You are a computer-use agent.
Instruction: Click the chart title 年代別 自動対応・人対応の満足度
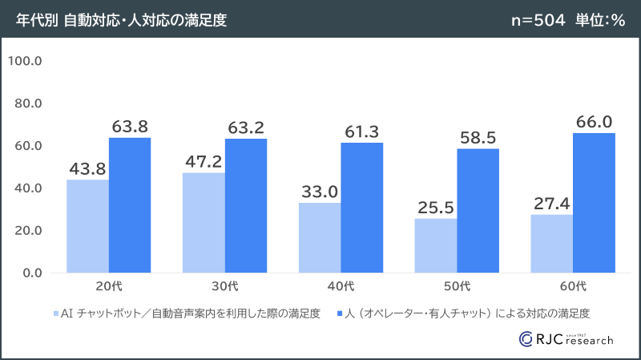point(121,20)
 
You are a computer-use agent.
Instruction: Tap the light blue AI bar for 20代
point(87,226)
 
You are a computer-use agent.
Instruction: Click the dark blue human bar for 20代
point(130,205)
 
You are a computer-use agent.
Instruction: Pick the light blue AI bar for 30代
point(204,223)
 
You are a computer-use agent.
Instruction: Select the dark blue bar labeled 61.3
point(361,208)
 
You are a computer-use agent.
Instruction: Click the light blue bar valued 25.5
point(436,245)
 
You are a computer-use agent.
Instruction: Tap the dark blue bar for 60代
point(594,203)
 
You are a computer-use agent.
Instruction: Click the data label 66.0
point(594,121)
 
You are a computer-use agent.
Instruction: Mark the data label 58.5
point(478,137)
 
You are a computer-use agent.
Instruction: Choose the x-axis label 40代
point(341,286)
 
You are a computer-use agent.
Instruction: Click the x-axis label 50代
point(457,286)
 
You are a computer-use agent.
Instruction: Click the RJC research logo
point(566,338)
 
